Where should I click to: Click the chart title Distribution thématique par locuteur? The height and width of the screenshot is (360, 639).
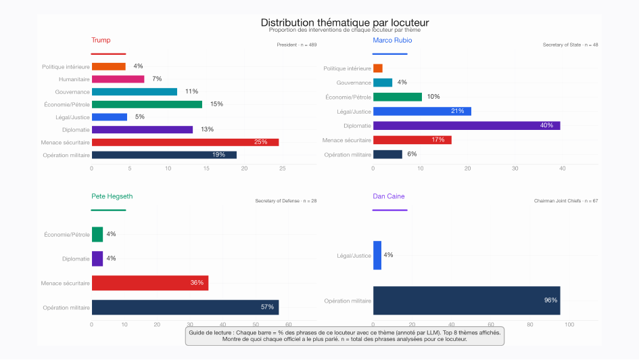(x=344, y=22)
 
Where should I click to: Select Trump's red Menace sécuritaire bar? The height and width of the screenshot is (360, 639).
(x=185, y=142)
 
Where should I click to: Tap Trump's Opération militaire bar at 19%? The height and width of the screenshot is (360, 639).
(x=164, y=155)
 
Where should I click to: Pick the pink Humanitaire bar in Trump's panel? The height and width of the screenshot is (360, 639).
(x=118, y=79)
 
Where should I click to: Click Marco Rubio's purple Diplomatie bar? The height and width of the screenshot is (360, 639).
(x=466, y=126)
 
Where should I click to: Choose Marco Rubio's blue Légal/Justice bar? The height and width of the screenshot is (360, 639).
(x=422, y=111)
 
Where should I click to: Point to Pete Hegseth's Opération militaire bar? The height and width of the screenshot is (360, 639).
(x=185, y=307)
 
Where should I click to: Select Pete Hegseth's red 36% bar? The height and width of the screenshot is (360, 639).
(x=149, y=283)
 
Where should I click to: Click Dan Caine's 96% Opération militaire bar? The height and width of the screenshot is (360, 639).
(x=466, y=300)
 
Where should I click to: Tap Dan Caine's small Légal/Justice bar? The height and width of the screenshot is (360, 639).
(x=377, y=255)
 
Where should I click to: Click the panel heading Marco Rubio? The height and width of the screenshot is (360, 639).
(x=392, y=41)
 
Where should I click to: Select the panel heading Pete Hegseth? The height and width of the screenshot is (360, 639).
(x=112, y=196)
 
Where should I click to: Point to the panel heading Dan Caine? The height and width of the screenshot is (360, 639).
(x=389, y=196)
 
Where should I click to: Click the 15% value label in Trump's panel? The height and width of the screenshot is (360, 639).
(x=216, y=104)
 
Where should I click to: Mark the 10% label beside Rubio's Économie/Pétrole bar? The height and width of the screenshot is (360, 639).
(x=433, y=97)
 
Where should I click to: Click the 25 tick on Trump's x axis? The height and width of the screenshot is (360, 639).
(x=283, y=168)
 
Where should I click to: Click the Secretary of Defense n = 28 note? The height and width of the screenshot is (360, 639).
(x=286, y=201)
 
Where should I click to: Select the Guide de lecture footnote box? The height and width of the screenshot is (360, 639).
(x=344, y=336)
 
